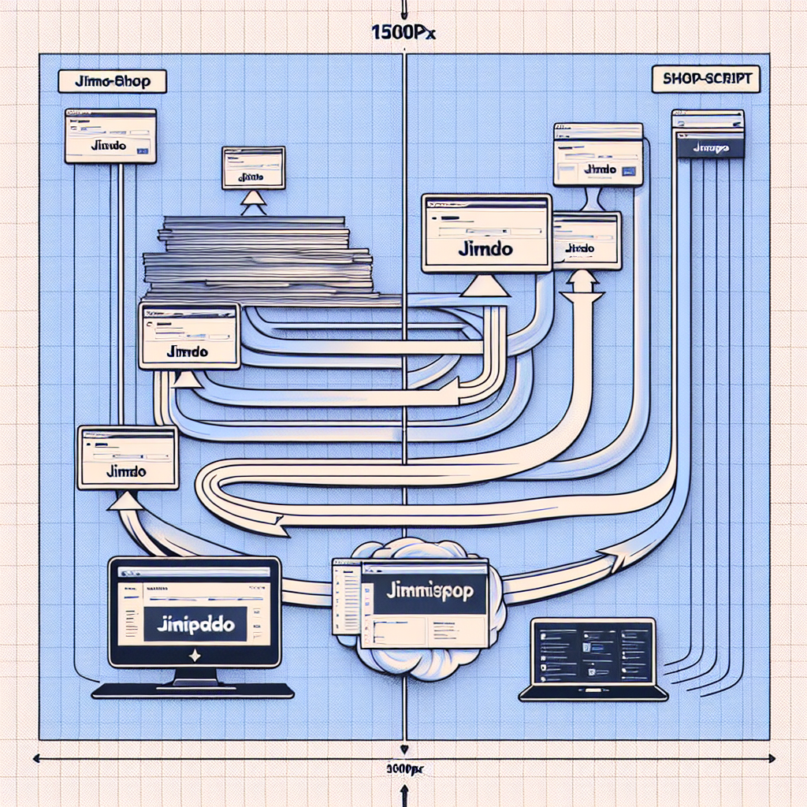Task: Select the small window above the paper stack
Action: point(253,168)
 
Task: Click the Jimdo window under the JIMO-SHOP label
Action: point(110,136)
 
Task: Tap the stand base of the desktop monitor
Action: point(193,690)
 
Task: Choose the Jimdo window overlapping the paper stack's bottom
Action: point(189,335)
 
